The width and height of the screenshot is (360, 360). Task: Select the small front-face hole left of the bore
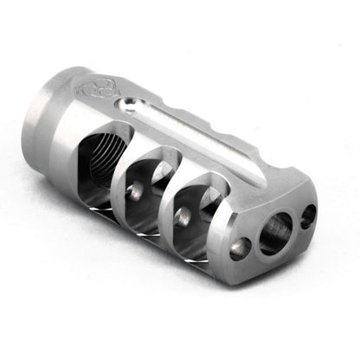240,249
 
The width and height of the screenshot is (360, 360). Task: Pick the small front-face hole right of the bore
307,215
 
